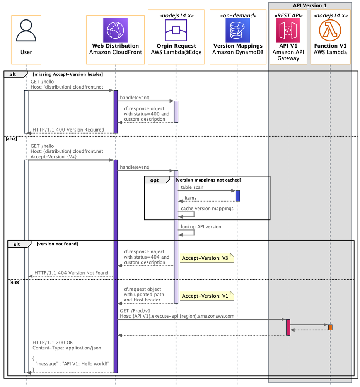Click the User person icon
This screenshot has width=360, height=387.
26,31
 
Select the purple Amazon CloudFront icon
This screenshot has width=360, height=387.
115,30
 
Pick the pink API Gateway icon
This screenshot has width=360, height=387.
288,30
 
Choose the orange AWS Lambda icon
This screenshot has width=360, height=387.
330,30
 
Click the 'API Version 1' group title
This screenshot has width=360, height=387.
310,5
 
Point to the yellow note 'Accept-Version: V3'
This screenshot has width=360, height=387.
206,258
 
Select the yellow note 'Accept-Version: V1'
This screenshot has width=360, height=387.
206,296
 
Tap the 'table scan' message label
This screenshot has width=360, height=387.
192,187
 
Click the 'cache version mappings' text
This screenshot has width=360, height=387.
207,209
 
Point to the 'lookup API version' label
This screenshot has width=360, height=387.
201,227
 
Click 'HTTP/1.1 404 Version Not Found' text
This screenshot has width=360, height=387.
71,273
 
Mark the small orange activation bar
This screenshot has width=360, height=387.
330,327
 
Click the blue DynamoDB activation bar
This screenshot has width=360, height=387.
238,196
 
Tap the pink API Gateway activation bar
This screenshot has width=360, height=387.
288,327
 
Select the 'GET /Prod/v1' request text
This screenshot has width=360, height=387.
135,311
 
